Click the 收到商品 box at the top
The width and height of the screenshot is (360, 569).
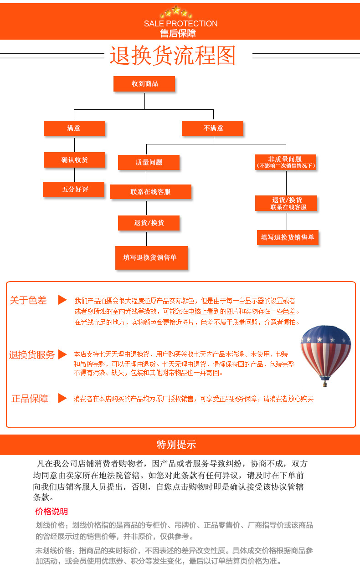point(144,84)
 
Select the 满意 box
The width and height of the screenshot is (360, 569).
point(74,128)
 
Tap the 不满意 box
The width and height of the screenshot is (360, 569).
point(212,128)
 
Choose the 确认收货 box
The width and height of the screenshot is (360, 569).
point(74,160)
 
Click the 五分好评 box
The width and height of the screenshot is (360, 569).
point(74,190)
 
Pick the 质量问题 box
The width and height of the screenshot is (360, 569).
point(149,163)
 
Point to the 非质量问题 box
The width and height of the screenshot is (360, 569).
point(285,162)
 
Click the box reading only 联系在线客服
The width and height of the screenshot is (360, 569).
point(150,192)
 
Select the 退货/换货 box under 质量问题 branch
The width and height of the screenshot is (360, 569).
point(149,223)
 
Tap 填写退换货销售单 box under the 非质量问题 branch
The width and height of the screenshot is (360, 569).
point(287,237)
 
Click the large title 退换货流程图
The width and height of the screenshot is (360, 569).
point(173,56)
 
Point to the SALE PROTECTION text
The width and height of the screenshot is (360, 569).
point(180,24)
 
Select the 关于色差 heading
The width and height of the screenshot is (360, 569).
point(28,300)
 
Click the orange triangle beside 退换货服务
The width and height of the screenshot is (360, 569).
point(63,354)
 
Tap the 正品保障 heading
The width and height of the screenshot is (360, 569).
point(30,399)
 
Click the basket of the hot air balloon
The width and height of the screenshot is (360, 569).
point(325,384)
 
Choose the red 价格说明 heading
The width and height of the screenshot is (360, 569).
point(51,511)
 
